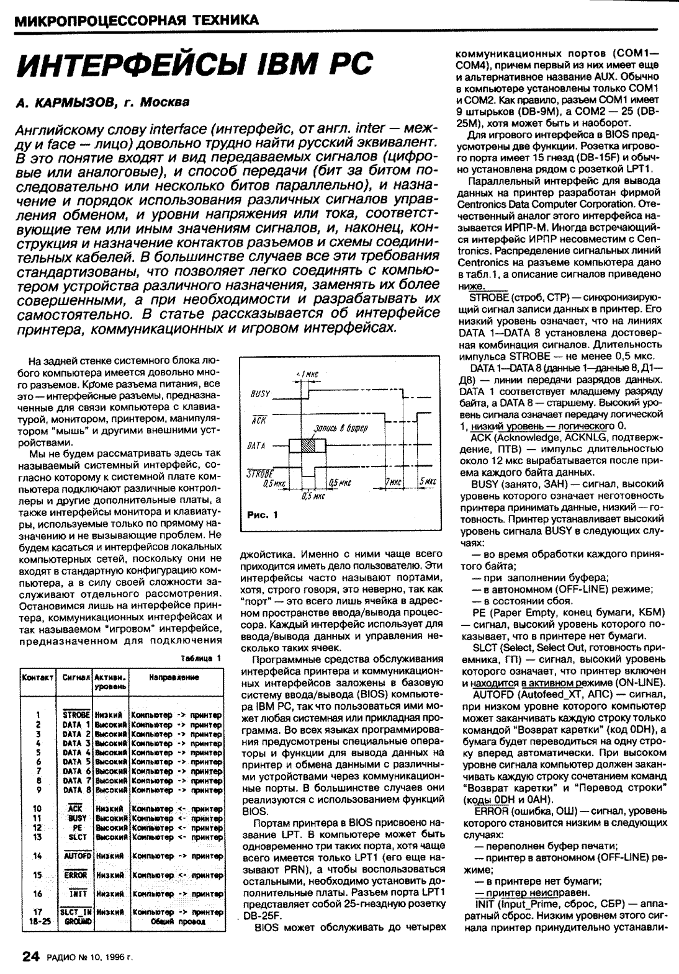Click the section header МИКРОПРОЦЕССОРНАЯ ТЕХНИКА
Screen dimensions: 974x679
pos(136,20)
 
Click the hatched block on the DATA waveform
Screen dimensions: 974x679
pos(308,445)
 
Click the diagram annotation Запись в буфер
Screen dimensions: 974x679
pos(341,427)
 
